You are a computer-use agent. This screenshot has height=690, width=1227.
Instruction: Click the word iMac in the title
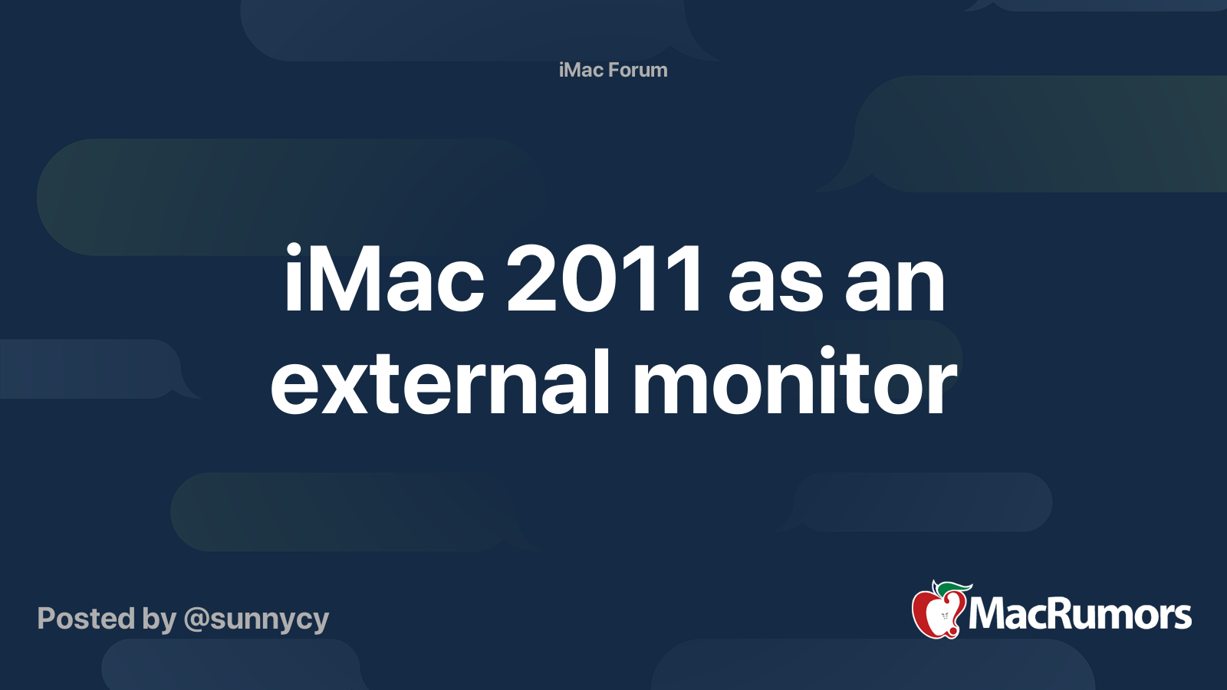point(384,281)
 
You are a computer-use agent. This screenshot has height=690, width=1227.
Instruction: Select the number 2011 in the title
point(604,281)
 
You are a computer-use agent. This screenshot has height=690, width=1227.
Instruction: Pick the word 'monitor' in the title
point(794,383)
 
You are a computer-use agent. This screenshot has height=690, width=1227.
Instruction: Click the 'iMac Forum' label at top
point(613,70)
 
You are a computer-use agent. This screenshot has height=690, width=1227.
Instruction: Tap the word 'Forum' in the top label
point(638,70)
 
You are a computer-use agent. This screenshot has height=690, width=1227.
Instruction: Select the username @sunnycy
point(256,619)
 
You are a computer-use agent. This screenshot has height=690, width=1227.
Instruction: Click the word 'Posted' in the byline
point(86,618)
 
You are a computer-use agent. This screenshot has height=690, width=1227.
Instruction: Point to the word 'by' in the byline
point(160,619)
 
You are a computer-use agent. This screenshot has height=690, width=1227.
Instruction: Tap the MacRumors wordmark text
point(1080,614)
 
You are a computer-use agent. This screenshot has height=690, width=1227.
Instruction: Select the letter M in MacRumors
point(989,614)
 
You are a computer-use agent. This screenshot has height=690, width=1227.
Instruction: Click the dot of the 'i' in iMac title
point(293,250)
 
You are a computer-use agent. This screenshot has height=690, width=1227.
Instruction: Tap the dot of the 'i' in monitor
point(827,353)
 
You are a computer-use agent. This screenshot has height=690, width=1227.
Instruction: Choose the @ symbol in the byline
point(196,619)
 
